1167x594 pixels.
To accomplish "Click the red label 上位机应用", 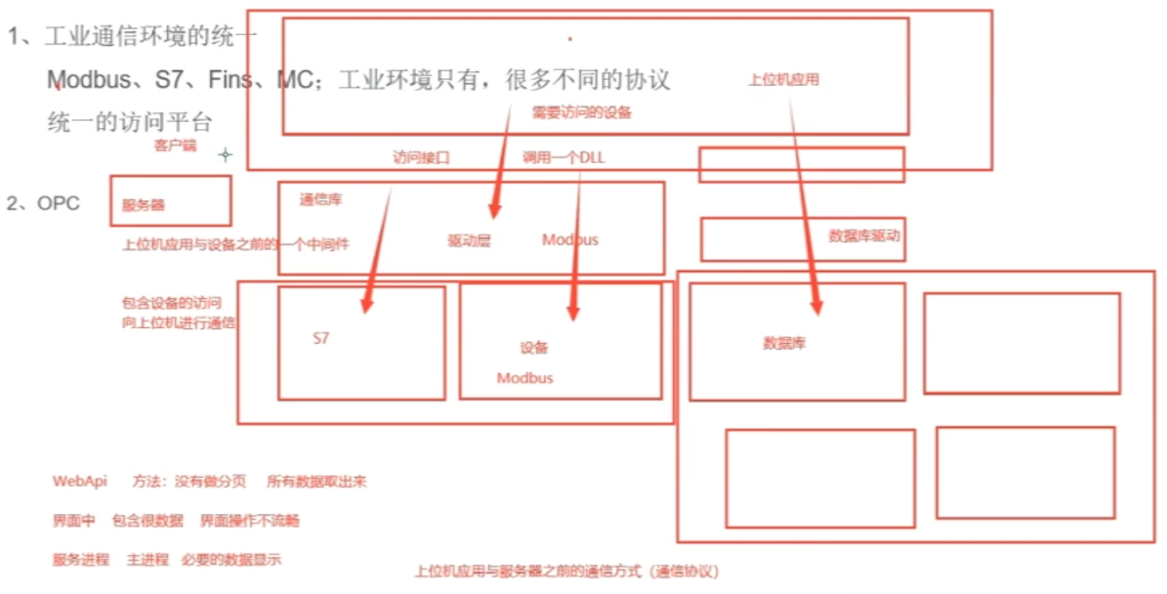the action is (783, 81).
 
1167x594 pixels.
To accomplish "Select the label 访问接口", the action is (421, 157).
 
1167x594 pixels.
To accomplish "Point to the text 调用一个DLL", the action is (563, 157).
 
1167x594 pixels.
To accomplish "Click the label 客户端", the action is (175, 146).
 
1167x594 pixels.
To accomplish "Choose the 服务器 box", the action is (171, 201).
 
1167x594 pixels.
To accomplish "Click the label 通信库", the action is (320, 199).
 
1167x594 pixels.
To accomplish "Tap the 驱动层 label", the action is (469, 240).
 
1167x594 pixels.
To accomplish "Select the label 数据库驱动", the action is (863, 235).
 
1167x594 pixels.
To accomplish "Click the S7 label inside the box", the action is (321, 339).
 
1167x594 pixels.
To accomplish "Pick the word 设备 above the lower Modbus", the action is (533, 348).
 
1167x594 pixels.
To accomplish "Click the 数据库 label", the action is (784, 344).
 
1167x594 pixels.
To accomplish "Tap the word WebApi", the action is (80, 482).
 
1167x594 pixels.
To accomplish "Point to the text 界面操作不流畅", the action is (249, 521).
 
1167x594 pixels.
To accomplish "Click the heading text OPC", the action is (59, 203).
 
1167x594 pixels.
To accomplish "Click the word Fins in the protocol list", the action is (230, 79).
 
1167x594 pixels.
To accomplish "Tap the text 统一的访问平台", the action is (129, 122).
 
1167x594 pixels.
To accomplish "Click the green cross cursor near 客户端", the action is (226, 154).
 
